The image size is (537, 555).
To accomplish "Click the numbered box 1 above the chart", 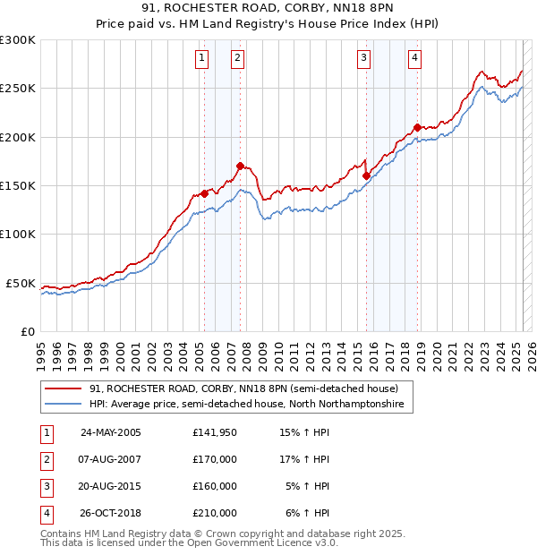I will point(201,59).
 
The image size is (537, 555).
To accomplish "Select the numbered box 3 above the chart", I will point(364,59).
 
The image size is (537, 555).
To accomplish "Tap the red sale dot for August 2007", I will point(240,166).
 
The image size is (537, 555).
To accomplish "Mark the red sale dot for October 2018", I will point(418,127).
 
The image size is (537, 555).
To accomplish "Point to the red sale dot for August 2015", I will point(367,176).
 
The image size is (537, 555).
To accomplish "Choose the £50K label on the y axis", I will point(21,283).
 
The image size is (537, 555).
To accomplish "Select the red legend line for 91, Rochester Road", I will point(63,388).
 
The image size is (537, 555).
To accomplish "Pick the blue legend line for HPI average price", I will point(63,405).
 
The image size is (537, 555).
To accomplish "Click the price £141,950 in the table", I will point(215,432).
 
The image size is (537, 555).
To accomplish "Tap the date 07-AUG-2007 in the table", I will point(111,459).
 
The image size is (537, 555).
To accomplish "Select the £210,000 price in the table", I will point(215,513).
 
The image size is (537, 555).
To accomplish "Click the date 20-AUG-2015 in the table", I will point(111,486).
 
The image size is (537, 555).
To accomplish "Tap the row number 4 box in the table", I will point(46,513).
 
